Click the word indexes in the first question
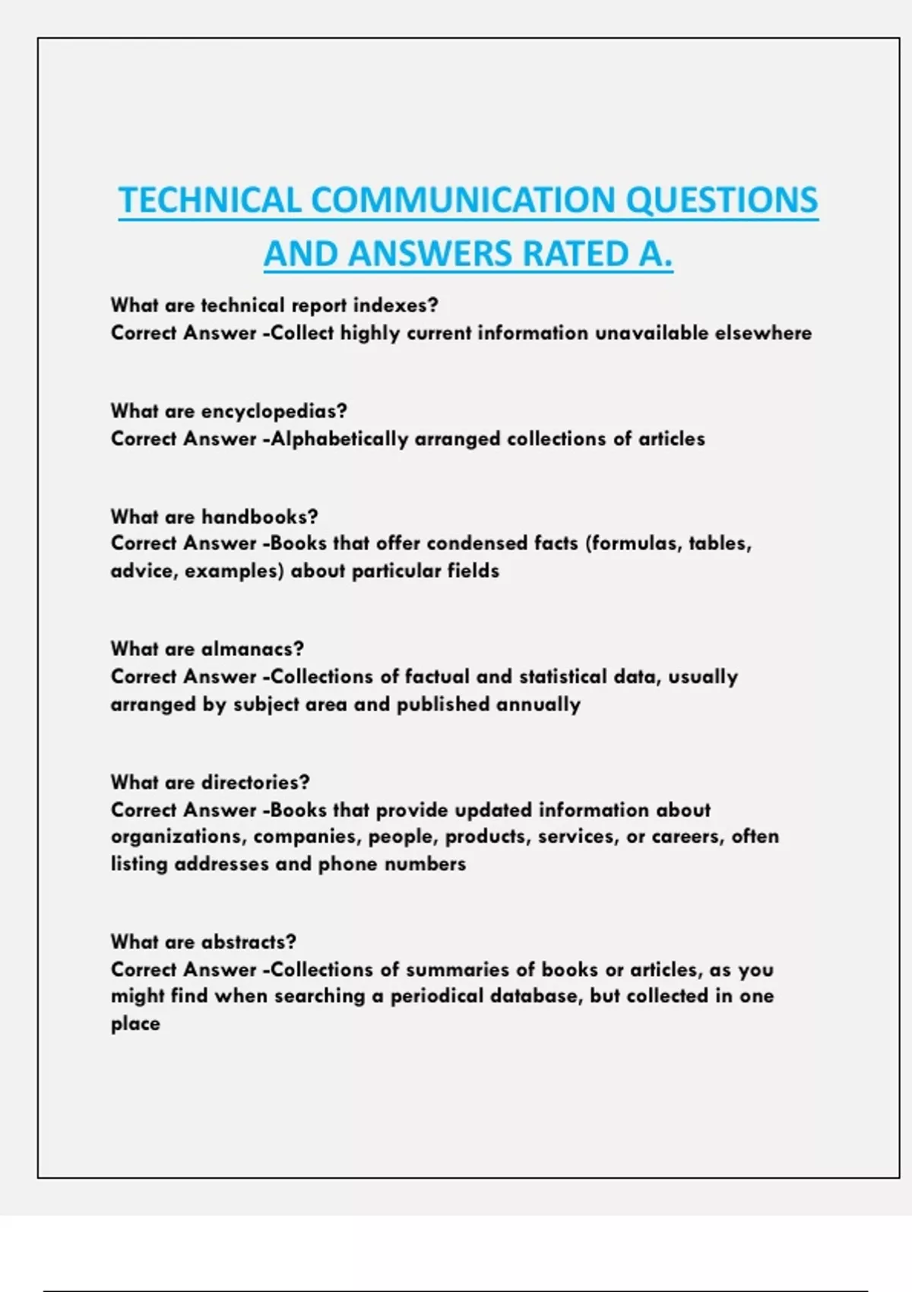tap(395, 306)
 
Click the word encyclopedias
tap(274, 411)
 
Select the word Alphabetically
tap(340, 439)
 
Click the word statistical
tap(563, 676)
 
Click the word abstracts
tap(249, 942)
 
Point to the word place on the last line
tap(135, 1024)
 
